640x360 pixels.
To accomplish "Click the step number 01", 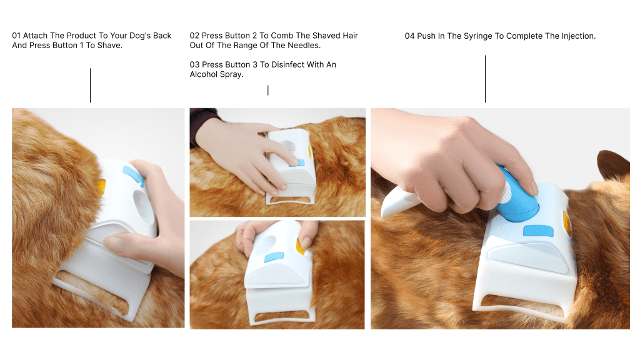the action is [x=16, y=36].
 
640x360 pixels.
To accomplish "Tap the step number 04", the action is [x=409, y=36].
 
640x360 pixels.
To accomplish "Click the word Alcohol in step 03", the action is [x=204, y=74].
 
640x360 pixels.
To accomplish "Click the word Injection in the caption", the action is [x=578, y=36].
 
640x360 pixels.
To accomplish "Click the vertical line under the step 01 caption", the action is [x=90, y=85].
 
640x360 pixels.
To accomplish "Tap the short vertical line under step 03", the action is [x=267, y=90].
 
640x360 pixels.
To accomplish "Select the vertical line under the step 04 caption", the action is [x=485, y=79].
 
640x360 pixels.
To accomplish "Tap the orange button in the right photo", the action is [x=567, y=223].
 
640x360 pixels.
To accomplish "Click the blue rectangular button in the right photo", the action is [x=538, y=231].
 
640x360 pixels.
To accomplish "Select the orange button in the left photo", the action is [x=101, y=187].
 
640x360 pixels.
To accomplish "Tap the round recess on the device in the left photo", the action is [x=144, y=206].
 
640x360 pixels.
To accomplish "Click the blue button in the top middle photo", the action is [x=297, y=163].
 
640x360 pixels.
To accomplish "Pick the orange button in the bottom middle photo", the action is [x=301, y=247].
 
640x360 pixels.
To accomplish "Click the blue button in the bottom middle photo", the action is [x=274, y=257].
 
